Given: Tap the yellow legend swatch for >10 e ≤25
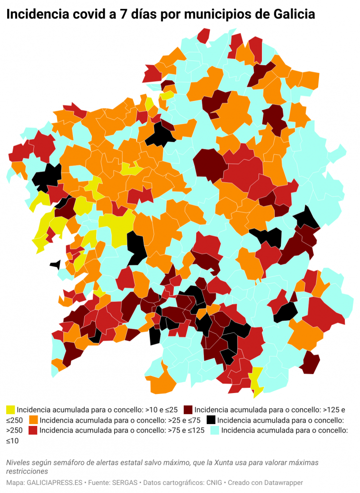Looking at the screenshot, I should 10,409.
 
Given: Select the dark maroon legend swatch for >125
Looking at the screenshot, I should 188,409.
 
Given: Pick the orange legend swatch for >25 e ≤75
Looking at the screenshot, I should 33,420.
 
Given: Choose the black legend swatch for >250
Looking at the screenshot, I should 211,420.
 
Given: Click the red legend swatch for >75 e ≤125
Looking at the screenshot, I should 33,431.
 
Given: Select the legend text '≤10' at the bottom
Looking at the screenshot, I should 13,441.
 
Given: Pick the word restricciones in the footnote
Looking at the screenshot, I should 27,471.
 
